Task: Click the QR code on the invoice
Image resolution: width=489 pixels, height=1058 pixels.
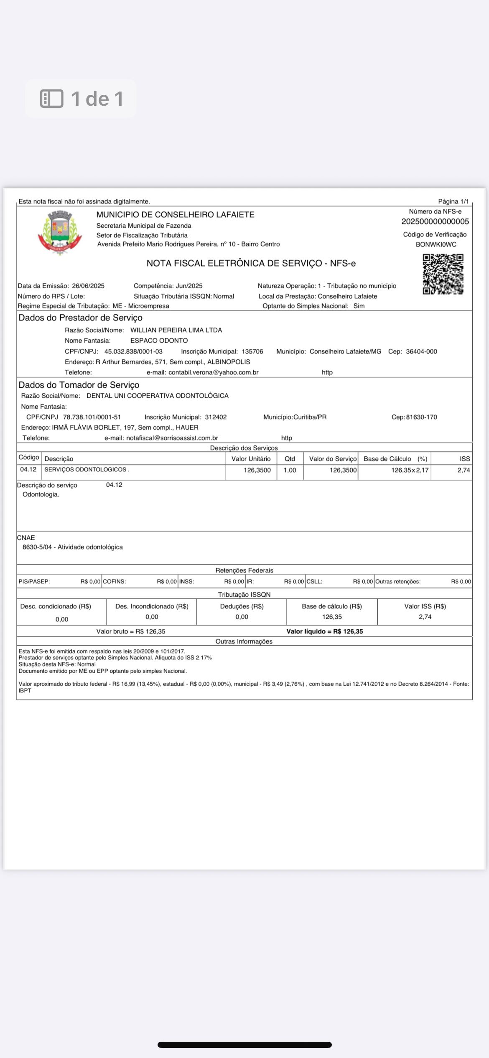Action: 443,274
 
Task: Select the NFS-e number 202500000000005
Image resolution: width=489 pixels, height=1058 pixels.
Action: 435,221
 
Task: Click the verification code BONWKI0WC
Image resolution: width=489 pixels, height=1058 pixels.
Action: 436,244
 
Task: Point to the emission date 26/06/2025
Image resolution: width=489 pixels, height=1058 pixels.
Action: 88,286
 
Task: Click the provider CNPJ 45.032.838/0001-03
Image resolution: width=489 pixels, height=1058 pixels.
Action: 133,351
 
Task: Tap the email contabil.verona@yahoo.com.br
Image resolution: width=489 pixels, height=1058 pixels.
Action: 213,372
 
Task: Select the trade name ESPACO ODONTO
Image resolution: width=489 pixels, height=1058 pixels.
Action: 159,341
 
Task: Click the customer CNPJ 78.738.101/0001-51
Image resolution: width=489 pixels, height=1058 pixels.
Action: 92,417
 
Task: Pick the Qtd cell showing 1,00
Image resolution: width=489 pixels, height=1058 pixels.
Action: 290,470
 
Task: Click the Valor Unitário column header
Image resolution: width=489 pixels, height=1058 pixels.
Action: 251,459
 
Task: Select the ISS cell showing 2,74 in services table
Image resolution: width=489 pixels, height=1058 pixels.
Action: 464,470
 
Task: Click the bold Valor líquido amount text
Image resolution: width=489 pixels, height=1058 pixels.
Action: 325,631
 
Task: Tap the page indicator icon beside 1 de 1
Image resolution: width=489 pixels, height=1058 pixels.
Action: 52,99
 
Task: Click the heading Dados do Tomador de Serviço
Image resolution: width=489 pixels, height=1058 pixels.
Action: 79,385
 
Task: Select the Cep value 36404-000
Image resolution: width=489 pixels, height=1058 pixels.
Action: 421,351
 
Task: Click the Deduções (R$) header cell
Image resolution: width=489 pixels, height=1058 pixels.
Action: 242,606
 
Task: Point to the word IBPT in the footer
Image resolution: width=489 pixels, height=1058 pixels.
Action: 25,690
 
